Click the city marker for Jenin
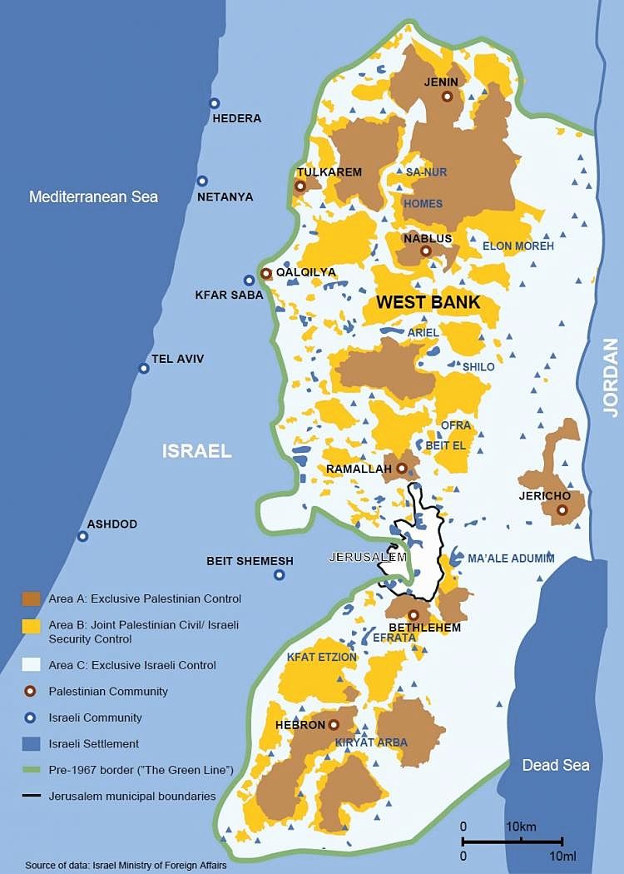pyautogui.click(x=447, y=97)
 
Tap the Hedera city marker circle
pyautogui.click(x=214, y=103)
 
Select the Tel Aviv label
pyautogui.click(x=177, y=359)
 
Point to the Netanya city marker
pyautogui.click(x=202, y=181)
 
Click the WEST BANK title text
pyautogui.click(x=428, y=302)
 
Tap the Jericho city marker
pyautogui.click(x=562, y=509)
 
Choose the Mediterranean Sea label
pyautogui.click(x=93, y=197)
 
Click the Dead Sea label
pyautogui.click(x=556, y=765)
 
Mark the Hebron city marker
pyautogui.click(x=334, y=725)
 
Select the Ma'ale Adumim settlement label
pyautogui.click(x=511, y=559)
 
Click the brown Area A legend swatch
pyautogui.click(x=31, y=598)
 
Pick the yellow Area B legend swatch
pyautogui.click(x=31, y=625)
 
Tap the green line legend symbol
pyautogui.click(x=31, y=770)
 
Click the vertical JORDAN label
pyautogui.click(x=611, y=377)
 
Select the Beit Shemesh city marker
pyautogui.click(x=279, y=574)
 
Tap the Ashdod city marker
pyautogui.click(x=82, y=536)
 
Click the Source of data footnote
pyautogui.click(x=112, y=864)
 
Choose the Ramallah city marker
pyautogui.click(x=402, y=469)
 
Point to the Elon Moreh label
pyautogui.click(x=518, y=246)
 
